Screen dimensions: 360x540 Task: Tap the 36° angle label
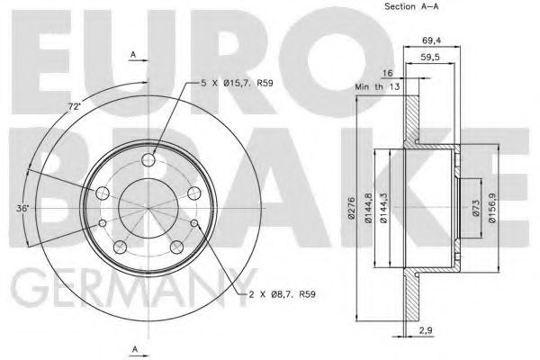[x=22, y=208]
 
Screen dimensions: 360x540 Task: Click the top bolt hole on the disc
[x=149, y=160]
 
